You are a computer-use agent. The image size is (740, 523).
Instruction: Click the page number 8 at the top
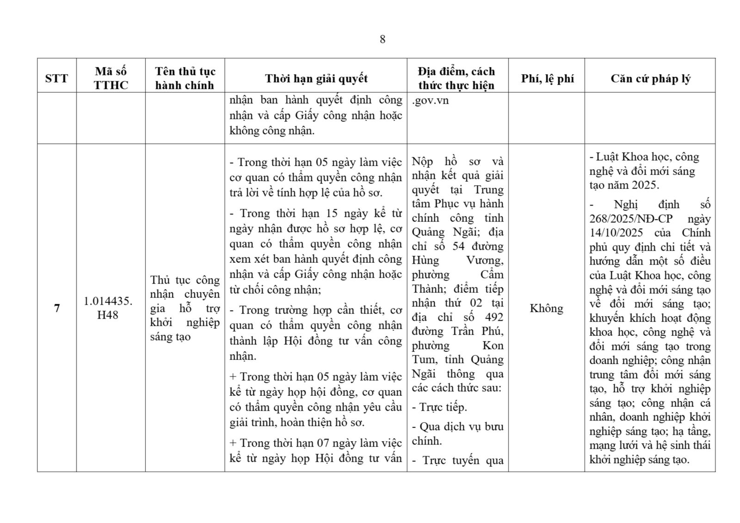[x=382, y=39]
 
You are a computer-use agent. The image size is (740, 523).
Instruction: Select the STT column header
[x=56, y=78]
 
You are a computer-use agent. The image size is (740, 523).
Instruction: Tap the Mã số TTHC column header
[x=111, y=78]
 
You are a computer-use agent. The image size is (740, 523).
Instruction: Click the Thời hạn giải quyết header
[x=316, y=78]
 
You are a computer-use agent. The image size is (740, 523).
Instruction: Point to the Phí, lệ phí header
[x=547, y=78]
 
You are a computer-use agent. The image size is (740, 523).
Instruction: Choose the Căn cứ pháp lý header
[x=650, y=78]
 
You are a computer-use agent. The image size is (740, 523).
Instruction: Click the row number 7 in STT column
[x=57, y=308]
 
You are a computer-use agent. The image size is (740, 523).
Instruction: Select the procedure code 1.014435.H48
[x=108, y=308]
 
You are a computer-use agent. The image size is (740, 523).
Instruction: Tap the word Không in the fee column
[x=546, y=308]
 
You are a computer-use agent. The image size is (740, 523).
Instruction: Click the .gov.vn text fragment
[x=431, y=100]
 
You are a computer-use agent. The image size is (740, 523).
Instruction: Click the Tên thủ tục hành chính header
[x=185, y=78]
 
